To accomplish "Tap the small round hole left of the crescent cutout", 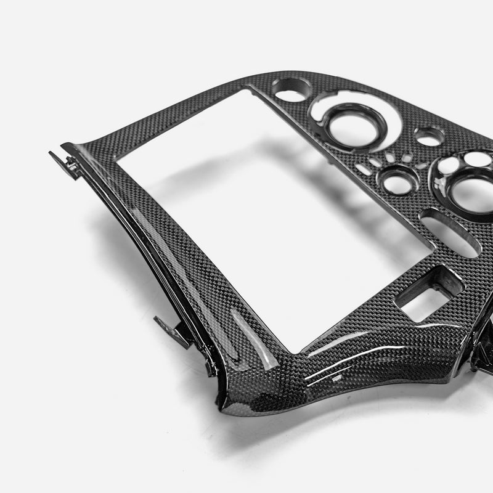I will [x=292, y=94].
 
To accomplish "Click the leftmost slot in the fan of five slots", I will [x=363, y=167].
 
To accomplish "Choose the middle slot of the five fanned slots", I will [x=393, y=157].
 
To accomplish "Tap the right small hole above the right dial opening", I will [x=477, y=159].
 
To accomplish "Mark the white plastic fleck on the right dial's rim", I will [x=441, y=183].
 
